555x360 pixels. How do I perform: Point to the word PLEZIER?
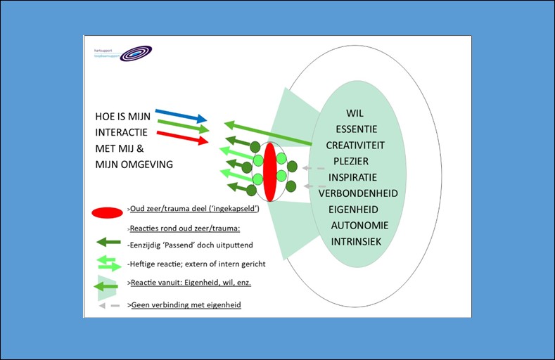(356, 161)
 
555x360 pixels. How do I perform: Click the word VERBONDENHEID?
(358, 193)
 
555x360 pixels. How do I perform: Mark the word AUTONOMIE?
(359, 225)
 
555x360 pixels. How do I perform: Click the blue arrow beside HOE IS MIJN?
(181, 115)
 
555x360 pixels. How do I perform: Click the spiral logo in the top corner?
(134, 53)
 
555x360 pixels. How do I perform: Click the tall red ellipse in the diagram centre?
(269, 172)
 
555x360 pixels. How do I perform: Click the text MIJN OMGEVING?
(134, 164)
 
